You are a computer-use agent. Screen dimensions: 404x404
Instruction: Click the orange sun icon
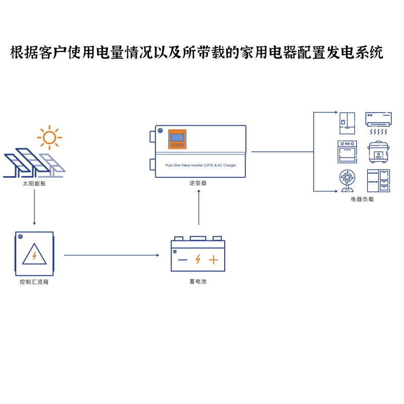coord(49,137)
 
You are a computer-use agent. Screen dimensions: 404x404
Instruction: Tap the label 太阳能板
coord(34,183)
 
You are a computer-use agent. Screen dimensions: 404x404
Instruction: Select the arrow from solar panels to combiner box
coord(34,207)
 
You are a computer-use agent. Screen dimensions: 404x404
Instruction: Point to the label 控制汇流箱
coord(34,281)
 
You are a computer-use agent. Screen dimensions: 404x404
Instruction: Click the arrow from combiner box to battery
coord(111,255)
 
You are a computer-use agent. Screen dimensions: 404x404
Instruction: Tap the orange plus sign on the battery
coord(214,260)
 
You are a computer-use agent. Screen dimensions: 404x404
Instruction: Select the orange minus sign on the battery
coord(182,260)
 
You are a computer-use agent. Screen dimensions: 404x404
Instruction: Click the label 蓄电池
coord(198,281)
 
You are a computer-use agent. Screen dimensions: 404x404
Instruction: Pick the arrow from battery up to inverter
coord(199,207)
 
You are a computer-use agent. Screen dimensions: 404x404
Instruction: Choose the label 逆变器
coord(198,183)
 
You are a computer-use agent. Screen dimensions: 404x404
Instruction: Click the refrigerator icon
coord(347,123)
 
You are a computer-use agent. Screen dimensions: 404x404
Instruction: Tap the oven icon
coord(347,151)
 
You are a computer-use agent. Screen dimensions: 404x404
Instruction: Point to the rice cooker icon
coord(378,151)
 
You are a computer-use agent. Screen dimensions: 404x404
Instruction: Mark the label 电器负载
coord(362,199)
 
